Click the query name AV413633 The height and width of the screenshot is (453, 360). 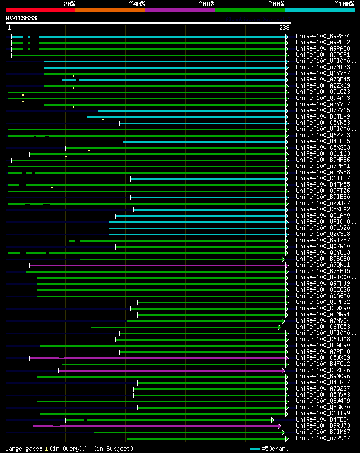21,18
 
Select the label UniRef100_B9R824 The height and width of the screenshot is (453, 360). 323,37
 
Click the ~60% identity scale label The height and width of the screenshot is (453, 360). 206,4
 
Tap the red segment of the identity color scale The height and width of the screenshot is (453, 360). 40,10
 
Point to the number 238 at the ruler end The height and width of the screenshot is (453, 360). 284,27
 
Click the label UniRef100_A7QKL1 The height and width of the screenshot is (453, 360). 323,265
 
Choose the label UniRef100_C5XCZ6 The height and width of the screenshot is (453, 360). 323,370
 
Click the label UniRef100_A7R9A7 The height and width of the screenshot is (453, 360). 323,438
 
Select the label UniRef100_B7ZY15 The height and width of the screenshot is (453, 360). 323,111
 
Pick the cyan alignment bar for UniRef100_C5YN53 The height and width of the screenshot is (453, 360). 202,123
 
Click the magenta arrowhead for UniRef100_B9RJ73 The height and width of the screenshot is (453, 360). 280,426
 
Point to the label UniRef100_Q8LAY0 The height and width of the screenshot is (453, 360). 323,216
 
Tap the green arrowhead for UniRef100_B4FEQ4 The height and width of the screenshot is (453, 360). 273,420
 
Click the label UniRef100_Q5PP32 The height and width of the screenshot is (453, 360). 323,302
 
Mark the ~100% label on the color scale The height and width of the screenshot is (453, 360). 344,4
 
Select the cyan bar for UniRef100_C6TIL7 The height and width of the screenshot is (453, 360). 208,179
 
